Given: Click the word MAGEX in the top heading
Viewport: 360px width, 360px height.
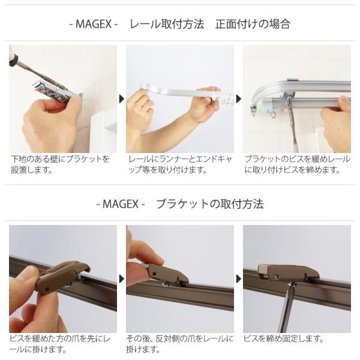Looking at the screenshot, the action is [x=93, y=24].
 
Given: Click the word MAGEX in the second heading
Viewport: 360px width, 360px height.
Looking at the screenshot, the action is [x=121, y=204].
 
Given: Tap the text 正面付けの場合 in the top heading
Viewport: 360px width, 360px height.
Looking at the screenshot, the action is [x=253, y=24].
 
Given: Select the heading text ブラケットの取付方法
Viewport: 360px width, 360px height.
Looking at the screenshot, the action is [x=209, y=204].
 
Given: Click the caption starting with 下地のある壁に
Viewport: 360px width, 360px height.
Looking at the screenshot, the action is [x=60, y=164].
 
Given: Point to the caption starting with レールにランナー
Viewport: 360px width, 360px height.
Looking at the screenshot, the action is [x=180, y=164].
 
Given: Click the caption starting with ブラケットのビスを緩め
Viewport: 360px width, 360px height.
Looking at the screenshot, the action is [x=298, y=164].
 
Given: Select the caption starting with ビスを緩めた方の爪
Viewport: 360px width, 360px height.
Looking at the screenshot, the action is [x=60, y=344].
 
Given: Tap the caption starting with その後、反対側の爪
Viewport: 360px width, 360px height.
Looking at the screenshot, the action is [x=180, y=344].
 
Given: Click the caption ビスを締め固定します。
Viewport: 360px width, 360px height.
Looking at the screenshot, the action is [x=284, y=338].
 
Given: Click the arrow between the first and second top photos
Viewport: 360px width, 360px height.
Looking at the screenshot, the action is [x=121, y=99].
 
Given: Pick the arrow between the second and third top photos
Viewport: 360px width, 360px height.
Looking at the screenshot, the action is [x=239, y=99].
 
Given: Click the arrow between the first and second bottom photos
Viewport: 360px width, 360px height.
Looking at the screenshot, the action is [x=121, y=279].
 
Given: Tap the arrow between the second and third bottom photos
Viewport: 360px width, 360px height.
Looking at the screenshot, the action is [x=239, y=279].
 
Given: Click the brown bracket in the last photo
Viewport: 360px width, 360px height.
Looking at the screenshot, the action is [x=289, y=273].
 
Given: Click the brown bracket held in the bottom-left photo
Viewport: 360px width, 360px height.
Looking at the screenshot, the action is [x=62, y=275].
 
